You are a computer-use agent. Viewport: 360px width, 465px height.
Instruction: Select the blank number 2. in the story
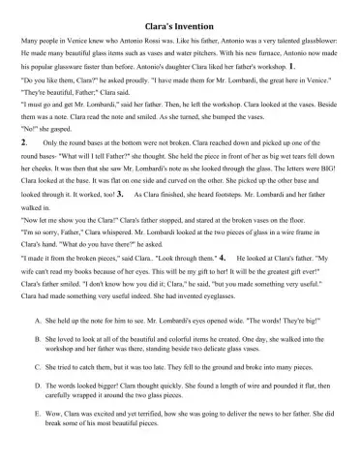coord(23,142)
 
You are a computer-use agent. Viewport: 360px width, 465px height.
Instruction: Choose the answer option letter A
coord(36,318)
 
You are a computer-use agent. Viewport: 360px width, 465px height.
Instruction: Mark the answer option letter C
coord(36,368)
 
